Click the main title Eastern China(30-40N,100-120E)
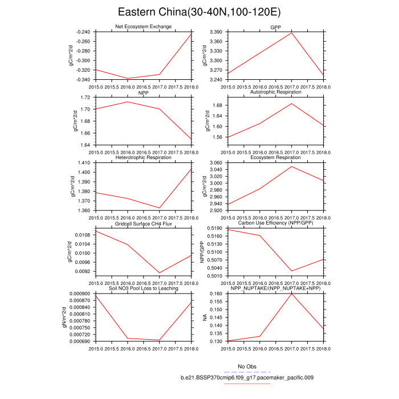[x=199, y=12]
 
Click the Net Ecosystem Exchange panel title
[x=143, y=27]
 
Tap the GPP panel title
[x=276, y=27]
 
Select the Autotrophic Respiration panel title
[x=276, y=92]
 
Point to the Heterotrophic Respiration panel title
[x=143, y=157]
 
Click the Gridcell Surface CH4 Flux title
[x=143, y=223]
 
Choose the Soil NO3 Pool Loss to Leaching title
[x=143, y=288]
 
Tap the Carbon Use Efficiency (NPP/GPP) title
[x=276, y=223]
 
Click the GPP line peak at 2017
[x=292, y=33]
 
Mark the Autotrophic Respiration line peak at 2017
[x=292, y=104]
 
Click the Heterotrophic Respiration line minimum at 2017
[x=159, y=208]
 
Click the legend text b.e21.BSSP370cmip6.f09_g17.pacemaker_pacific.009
[x=247, y=377]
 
